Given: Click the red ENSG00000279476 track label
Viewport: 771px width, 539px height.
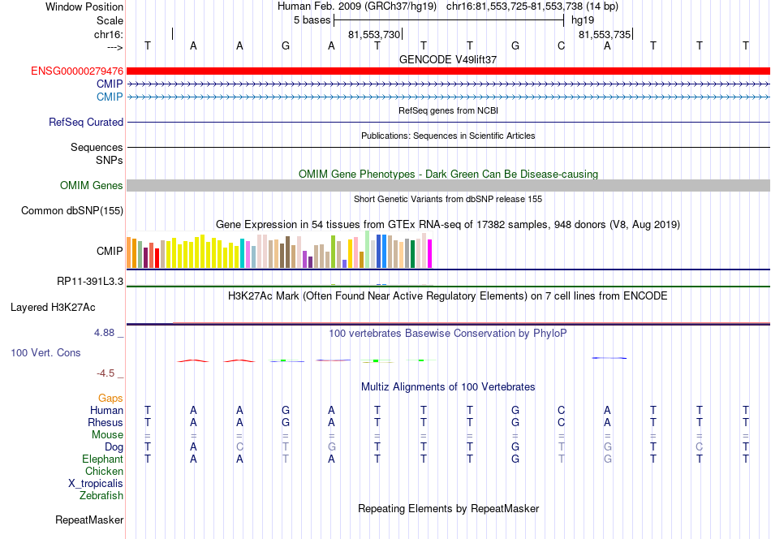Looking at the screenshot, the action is (x=77, y=71).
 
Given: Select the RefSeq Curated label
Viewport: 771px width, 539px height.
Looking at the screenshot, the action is (x=86, y=122).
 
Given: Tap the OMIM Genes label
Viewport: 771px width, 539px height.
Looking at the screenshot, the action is (x=92, y=185).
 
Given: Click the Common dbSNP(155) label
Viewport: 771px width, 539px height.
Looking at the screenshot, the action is (x=72, y=210).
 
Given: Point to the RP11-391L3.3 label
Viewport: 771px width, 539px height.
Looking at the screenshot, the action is (x=90, y=282).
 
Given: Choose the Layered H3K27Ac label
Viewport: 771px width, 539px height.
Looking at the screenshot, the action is (x=53, y=308).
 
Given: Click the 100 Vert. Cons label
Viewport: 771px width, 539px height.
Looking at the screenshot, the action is (x=45, y=352).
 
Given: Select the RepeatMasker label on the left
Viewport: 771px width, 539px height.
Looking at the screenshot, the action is (x=89, y=520).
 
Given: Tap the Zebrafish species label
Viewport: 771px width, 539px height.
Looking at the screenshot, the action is (x=101, y=496).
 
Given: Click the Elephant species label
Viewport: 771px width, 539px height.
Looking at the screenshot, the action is (x=103, y=459).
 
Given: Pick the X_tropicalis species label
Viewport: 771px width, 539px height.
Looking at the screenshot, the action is (x=96, y=484).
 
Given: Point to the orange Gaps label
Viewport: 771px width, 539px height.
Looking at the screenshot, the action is (x=110, y=398).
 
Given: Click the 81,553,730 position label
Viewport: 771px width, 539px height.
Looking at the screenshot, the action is (x=374, y=34).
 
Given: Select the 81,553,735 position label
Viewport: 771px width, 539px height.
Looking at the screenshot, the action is (x=605, y=34).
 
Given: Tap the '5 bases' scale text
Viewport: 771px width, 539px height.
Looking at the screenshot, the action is (x=312, y=20).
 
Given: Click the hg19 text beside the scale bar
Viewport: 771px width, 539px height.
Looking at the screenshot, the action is (x=583, y=20).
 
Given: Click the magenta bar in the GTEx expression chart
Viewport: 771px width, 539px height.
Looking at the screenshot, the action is (x=430, y=254).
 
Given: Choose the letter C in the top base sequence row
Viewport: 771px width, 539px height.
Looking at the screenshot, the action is (x=561, y=45).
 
